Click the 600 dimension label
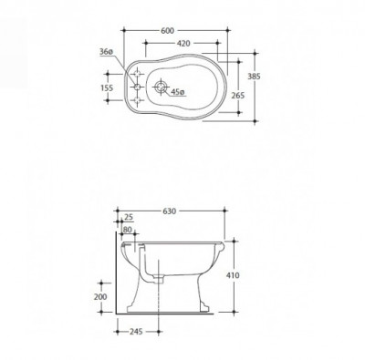pos(167,31)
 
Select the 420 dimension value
pos(183,44)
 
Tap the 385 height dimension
pos(254,77)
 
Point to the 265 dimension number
pos(238,96)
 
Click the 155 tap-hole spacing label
pos(107,87)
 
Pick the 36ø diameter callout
pos(106,52)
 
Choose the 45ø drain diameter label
pos(177,92)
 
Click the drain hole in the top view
pos(161,87)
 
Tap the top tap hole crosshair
pos(137,74)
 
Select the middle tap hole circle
pos(137,87)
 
